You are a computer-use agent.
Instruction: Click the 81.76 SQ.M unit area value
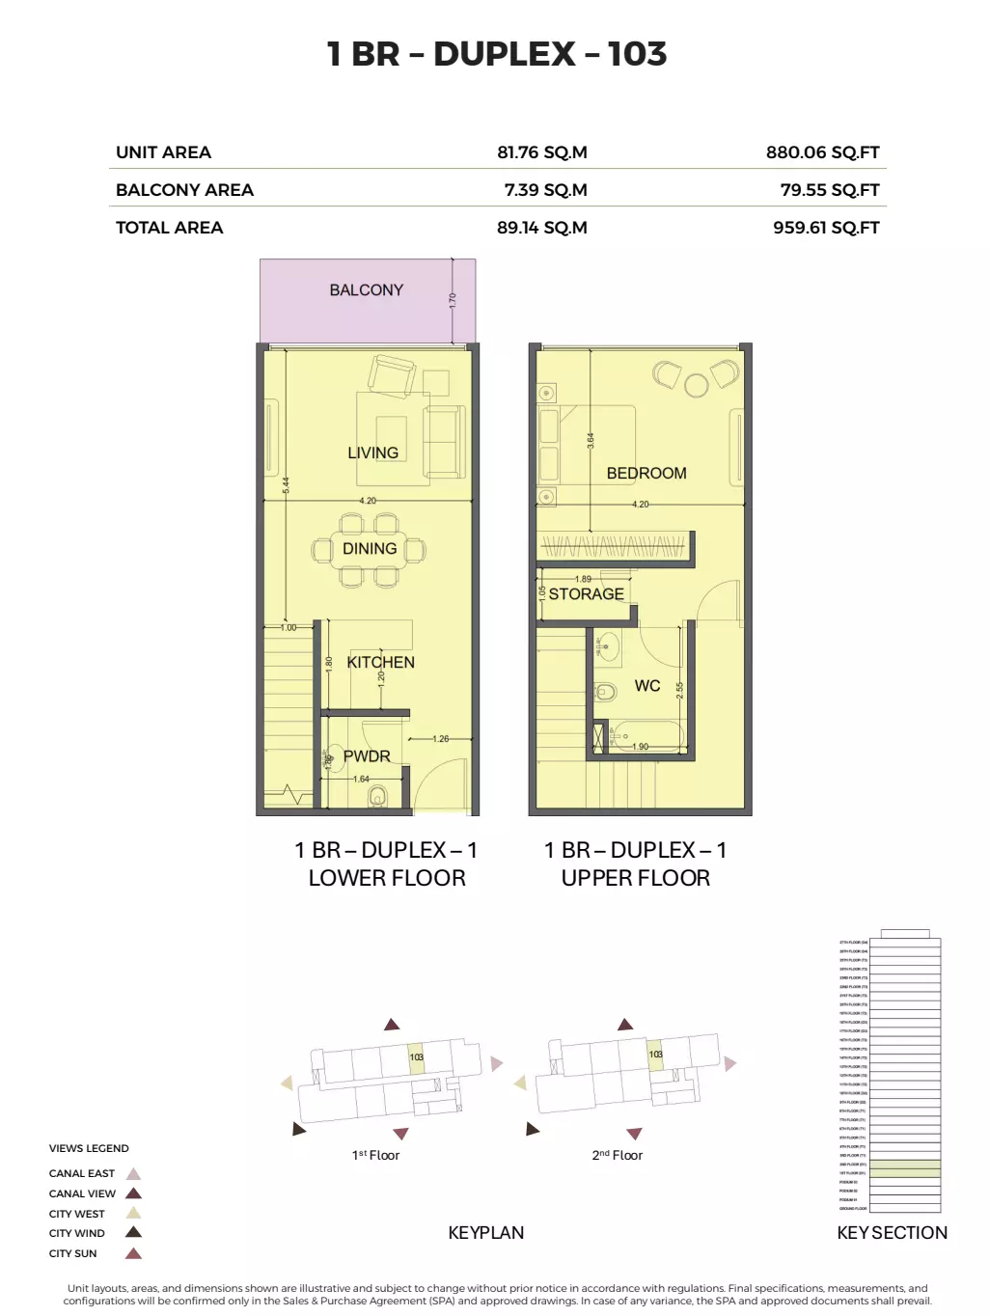[x=541, y=152]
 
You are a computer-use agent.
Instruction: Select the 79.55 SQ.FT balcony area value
[x=829, y=190]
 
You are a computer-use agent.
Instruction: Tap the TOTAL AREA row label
[x=169, y=228]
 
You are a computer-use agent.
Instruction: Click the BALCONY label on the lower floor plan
[x=366, y=289]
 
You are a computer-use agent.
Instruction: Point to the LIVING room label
[x=372, y=452]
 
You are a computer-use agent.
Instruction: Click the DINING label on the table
[x=370, y=548]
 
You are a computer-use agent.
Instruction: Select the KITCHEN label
[x=380, y=662]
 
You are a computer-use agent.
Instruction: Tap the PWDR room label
[x=367, y=756]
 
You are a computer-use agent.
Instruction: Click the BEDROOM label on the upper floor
[x=646, y=473]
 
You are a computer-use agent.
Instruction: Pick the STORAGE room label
[x=586, y=594]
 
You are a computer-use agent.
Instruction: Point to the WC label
[x=647, y=686]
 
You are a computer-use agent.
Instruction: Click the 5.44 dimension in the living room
[x=286, y=485]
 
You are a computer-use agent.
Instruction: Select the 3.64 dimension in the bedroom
[x=591, y=440]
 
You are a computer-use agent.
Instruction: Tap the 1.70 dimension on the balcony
[x=452, y=300]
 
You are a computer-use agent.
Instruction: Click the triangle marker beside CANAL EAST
[x=134, y=1174]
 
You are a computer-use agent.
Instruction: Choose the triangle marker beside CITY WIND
[x=134, y=1232]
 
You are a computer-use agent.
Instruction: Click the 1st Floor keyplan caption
[x=375, y=1155]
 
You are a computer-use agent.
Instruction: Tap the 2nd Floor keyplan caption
[x=617, y=1155]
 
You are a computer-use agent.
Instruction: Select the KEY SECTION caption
[x=892, y=1232]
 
